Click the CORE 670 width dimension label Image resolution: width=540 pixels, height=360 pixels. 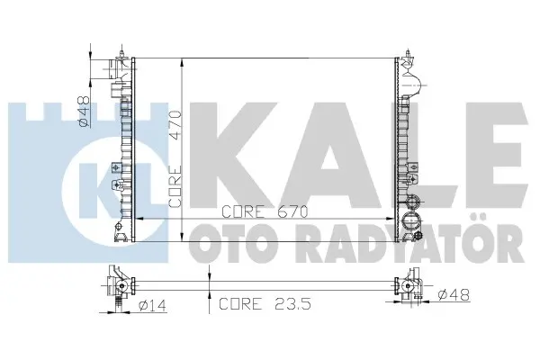click(265, 211)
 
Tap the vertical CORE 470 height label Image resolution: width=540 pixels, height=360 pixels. click(175, 158)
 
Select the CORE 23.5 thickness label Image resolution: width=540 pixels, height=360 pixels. click(265, 303)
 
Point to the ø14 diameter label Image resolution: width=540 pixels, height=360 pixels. click(152, 305)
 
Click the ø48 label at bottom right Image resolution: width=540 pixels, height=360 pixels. click(454, 294)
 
